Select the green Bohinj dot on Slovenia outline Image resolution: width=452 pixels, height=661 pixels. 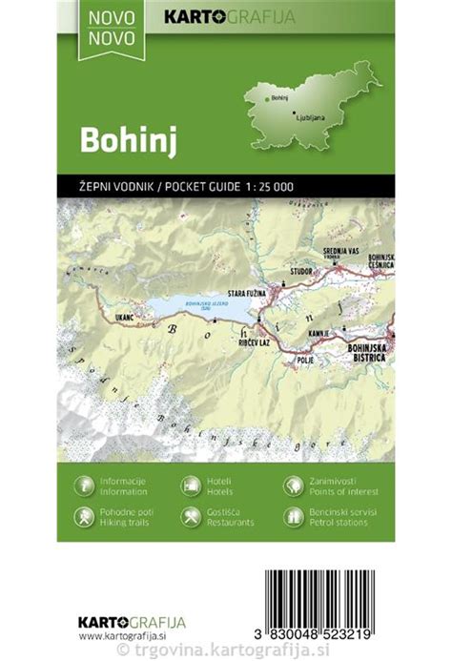(268, 97)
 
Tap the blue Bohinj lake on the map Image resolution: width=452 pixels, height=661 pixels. (186, 307)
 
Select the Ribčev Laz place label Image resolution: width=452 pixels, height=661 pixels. (253, 341)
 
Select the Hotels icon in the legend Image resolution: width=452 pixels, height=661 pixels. (190, 485)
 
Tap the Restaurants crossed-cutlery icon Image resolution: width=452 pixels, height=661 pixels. (190, 517)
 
